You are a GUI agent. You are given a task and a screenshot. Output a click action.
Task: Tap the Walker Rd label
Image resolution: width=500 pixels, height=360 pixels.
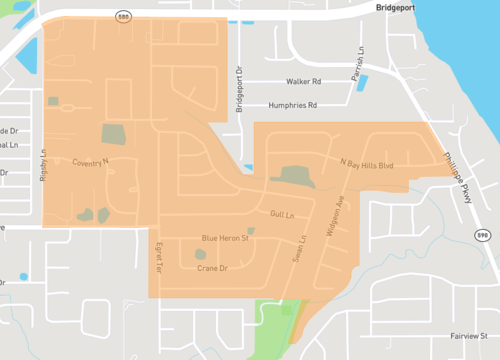point(302,81)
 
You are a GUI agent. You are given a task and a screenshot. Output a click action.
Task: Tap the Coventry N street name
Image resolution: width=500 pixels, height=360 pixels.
point(90,162)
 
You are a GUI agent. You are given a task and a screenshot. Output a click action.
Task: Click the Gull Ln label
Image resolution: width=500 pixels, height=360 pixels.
point(282,215)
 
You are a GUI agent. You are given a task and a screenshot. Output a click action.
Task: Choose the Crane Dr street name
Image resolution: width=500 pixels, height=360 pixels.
point(213,269)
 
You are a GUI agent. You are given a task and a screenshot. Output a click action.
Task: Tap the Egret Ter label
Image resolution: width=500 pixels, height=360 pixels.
point(156,257)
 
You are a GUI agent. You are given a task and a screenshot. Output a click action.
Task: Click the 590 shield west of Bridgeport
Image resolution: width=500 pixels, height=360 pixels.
point(123,17)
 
